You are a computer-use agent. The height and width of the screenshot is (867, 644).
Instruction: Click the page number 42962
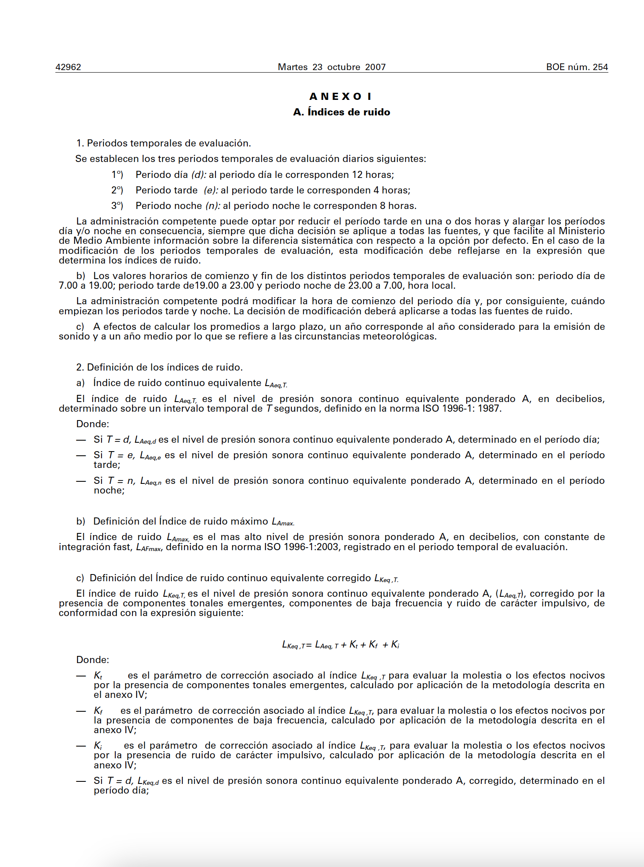click(x=68, y=67)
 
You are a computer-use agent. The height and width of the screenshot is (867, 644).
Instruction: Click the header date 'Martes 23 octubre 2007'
click(x=332, y=67)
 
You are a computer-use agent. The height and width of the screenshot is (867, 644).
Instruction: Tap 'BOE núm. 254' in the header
click(x=577, y=67)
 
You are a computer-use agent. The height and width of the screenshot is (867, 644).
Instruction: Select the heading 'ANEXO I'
click(x=341, y=97)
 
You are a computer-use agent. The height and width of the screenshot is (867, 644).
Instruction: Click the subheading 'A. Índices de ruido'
click(x=342, y=112)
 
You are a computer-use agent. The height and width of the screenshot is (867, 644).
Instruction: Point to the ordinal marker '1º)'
click(x=117, y=175)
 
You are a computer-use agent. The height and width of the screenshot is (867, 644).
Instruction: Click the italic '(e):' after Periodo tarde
click(x=211, y=190)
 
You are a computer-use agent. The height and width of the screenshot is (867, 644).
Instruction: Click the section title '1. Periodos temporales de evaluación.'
click(x=164, y=143)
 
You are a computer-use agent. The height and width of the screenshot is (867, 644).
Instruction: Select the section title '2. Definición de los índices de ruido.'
click(x=159, y=367)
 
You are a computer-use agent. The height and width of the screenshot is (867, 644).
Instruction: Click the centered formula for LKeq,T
click(x=341, y=645)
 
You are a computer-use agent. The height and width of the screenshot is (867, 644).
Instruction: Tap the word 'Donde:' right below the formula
click(x=93, y=660)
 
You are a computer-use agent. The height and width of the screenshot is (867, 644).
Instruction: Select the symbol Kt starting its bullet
click(x=98, y=676)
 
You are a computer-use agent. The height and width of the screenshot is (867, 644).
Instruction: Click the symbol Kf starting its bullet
click(x=98, y=710)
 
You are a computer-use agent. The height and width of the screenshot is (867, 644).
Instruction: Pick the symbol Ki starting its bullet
click(x=98, y=746)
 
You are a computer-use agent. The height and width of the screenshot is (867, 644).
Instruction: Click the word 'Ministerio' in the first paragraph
click(x=582, y=231)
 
